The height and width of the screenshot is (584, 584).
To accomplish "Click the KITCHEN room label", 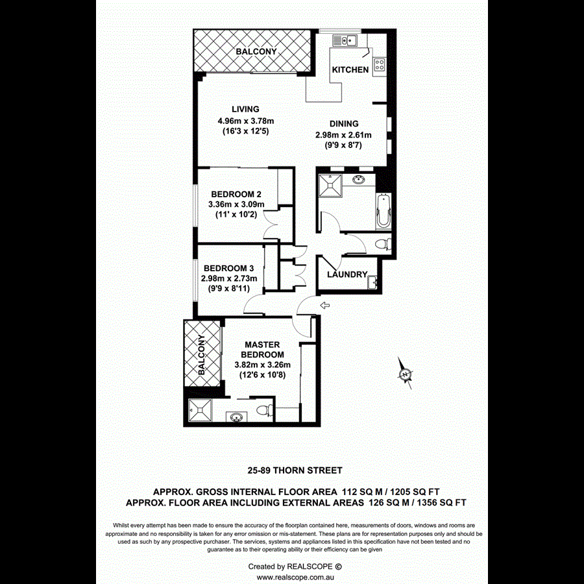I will point(350,69).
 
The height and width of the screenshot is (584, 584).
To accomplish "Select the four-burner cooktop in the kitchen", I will point(379,66).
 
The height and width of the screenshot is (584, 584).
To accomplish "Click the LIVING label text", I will point(246,109).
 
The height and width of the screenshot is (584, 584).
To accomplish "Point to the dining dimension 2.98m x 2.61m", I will point(343,135).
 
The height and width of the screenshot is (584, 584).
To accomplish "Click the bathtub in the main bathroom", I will point(383,211).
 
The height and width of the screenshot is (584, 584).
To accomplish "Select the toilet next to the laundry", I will point(385,245).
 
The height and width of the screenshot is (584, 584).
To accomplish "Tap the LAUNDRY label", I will point(347,274).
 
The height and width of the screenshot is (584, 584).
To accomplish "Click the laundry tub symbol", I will point(372,282).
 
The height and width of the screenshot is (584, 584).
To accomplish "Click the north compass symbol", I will point(405,374).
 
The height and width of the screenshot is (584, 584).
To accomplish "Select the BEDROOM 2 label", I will point(236,193).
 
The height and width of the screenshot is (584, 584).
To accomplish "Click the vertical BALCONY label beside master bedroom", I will point(202,356).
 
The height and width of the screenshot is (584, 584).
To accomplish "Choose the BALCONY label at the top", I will point(256,51).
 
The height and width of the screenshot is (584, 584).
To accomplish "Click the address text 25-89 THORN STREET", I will point(295,470).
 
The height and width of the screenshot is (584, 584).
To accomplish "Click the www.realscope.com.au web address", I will point(295,576).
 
